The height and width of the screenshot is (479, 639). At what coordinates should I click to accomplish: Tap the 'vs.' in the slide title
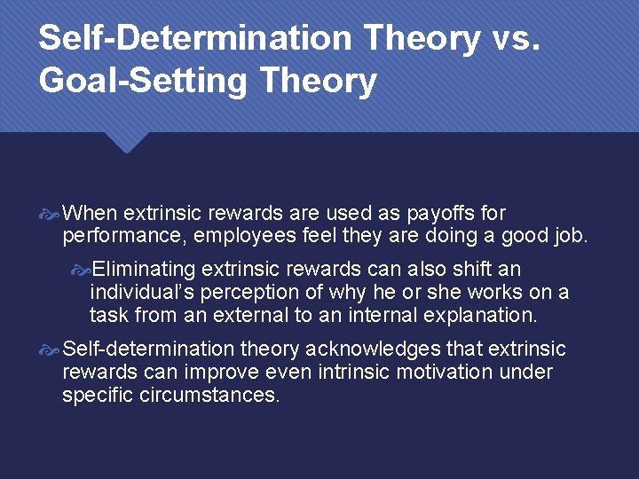[513, 38]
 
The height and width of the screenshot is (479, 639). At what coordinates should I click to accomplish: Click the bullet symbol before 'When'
[51, 214]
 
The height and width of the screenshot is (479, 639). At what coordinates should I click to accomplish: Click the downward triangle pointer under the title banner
[126, 142]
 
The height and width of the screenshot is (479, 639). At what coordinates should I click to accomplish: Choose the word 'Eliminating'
[144, 269]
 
